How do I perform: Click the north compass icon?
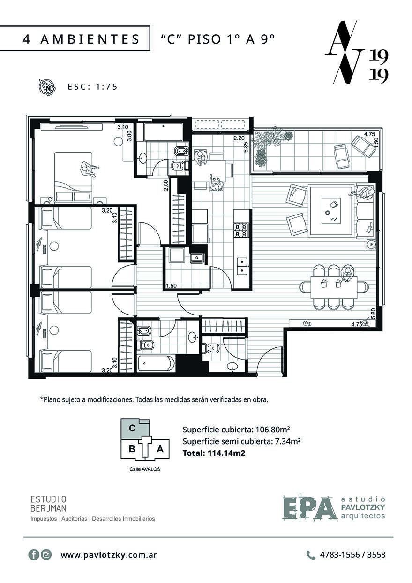47,86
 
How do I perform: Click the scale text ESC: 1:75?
92,87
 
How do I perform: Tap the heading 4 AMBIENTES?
82,39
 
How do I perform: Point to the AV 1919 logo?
357,52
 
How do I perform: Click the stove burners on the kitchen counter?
241,230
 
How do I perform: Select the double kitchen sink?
242,266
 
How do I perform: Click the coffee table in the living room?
331,211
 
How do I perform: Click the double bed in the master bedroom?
74,177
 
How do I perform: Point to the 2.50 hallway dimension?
166,185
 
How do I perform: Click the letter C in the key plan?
132,428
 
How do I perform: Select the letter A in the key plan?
160,449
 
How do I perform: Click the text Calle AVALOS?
145,469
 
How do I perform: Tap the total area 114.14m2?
226,453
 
